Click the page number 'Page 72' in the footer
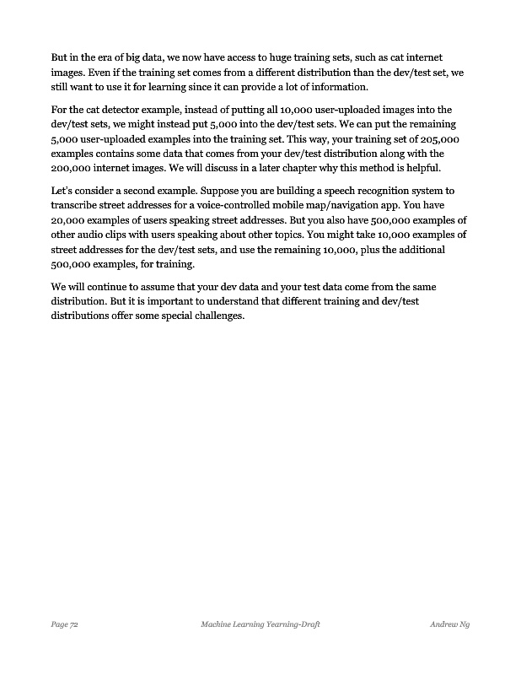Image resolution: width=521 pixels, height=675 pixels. click(65, 625)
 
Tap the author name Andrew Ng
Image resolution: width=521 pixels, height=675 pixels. click(448, 625)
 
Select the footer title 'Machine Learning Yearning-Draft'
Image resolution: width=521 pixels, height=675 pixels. click(260, 625)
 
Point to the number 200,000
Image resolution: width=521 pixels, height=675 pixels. click(73, 168)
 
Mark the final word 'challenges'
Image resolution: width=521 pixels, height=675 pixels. click(216, 316)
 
